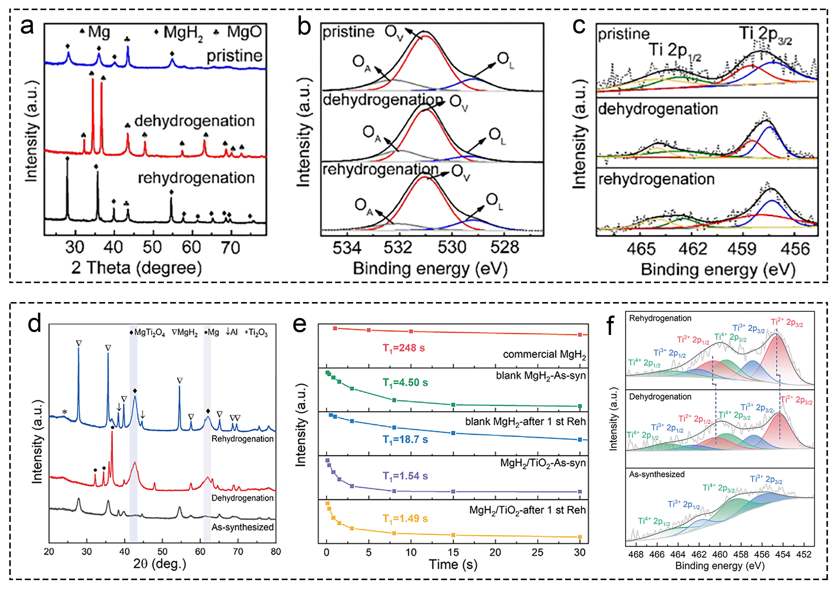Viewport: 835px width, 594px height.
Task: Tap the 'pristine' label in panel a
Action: point(234,56)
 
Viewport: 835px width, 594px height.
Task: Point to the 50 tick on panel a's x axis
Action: point(152,248)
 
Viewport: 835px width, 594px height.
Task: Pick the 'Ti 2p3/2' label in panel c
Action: point(765,35)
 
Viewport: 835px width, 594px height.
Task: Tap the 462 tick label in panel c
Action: point(692,249)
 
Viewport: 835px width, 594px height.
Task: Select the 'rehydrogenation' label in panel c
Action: point(656,179)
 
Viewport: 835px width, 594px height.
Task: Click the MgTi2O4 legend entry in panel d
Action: point(147,333)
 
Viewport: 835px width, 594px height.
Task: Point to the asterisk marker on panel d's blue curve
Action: point(65,412)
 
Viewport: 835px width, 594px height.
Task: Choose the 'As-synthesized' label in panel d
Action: point(242,527)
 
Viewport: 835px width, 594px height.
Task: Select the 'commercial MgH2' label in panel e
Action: point(544,354)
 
